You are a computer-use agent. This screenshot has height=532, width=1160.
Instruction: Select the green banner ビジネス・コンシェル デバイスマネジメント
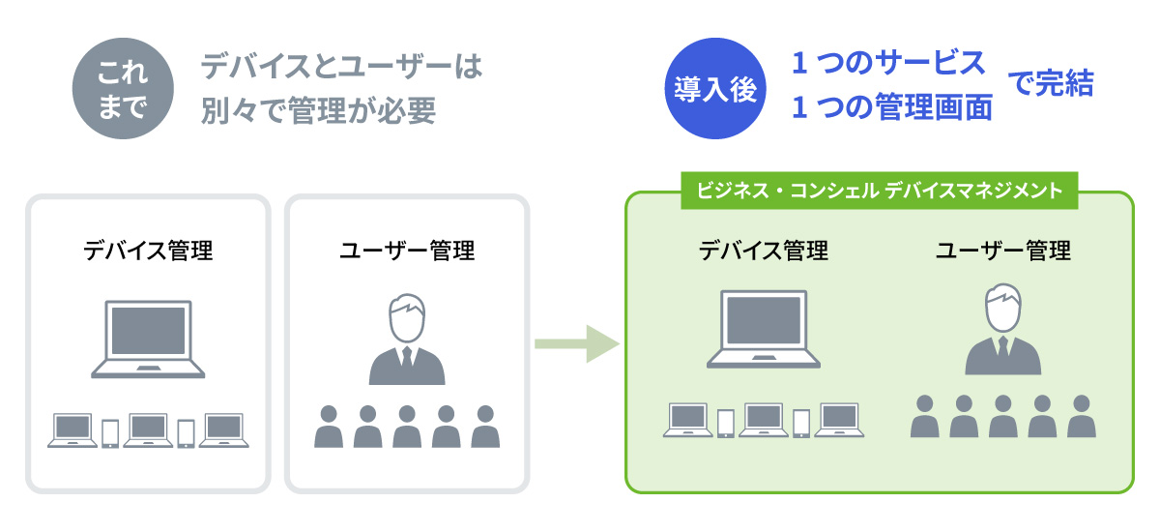(878, 191)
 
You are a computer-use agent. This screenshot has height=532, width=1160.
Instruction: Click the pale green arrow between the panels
(576, 341)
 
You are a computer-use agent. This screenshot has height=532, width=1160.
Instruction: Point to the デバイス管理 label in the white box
(148, 251)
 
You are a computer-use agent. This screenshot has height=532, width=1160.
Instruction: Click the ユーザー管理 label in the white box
(407, 251)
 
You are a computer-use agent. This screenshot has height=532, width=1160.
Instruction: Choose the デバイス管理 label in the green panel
(764, 251)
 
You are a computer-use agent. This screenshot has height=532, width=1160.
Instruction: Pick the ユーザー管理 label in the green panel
(1003, 251)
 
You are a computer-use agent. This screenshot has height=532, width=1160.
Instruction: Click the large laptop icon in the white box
(148, 338)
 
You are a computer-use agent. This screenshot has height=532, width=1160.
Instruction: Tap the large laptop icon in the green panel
(764, 330)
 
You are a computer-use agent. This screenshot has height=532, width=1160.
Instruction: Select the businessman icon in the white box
(407, 340)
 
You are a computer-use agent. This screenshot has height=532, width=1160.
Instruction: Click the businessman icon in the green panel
(1003, 330)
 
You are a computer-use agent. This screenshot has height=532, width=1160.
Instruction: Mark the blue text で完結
(1051, 85)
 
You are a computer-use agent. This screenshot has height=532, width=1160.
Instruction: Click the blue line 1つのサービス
(888, 64)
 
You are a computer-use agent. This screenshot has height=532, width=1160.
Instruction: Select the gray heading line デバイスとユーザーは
(341, 68)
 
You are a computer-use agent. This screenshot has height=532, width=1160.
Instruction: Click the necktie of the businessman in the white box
(407, 358)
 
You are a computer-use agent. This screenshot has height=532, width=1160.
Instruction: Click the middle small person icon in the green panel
(1003, 416)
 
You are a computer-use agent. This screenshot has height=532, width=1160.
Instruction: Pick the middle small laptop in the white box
(148, 429)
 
